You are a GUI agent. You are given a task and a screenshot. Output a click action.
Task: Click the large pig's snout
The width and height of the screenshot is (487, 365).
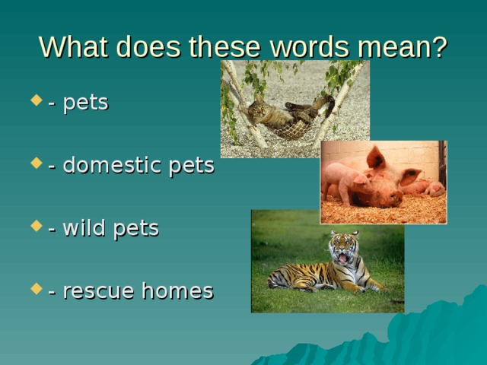(393, 198)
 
